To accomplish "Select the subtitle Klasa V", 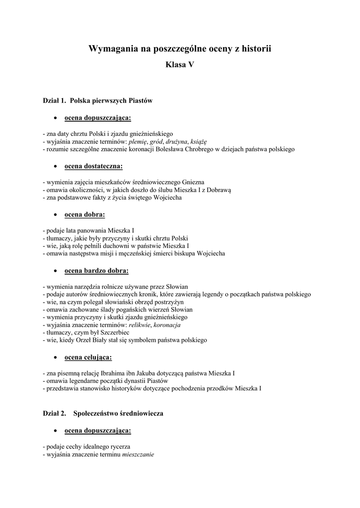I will [180, 64].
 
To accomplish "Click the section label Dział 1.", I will [54, 101].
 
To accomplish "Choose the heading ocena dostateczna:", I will [94, 166].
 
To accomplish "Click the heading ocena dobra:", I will [85, 214].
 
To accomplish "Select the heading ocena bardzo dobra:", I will [96, 270].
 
